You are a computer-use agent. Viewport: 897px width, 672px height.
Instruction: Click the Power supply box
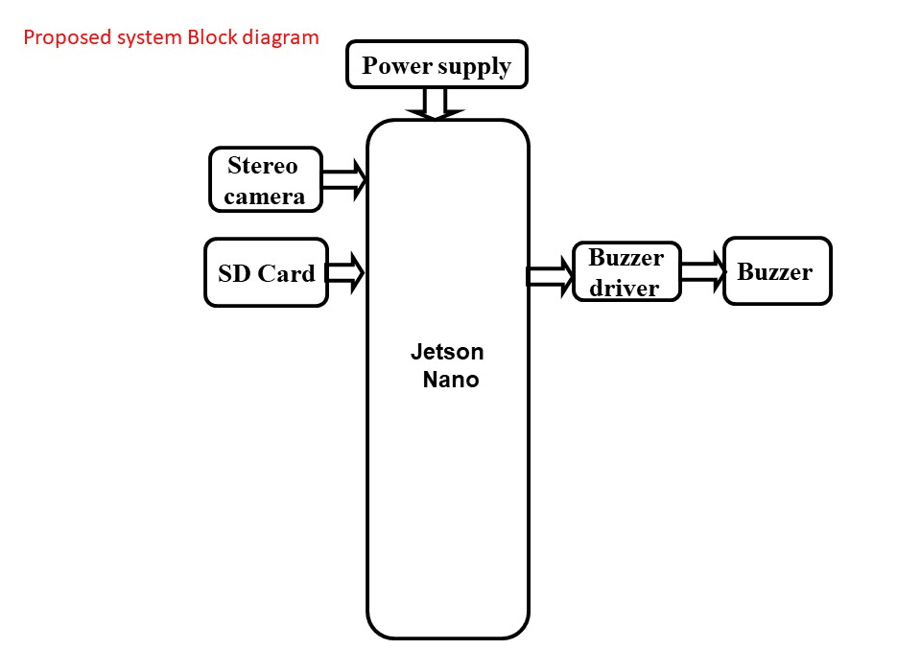pos(437,65)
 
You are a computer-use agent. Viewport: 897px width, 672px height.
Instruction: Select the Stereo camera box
pos(265,180)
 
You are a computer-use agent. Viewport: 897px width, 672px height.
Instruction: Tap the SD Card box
pos(267,273)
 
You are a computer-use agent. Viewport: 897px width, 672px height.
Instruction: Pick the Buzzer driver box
pos(626,272)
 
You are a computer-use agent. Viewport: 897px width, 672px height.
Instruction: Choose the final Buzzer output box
pos(776,272)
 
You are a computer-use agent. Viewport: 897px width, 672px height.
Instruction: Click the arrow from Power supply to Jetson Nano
pos(436,103)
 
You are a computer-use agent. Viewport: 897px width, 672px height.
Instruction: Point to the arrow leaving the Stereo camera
pos(344,179)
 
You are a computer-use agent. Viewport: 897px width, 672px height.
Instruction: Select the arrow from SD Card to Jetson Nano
pos(346,272)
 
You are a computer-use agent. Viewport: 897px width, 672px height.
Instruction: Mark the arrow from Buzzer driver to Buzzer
pos(703,272)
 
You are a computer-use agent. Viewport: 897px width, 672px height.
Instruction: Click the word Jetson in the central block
pos(447,352)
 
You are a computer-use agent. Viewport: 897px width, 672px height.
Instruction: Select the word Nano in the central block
pos(451,380)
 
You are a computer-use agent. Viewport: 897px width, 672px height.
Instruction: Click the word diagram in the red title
pos(282,38)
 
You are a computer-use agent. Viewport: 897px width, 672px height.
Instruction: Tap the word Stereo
pos(263,166)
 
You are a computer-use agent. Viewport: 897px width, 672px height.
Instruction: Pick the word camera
pos(265,197)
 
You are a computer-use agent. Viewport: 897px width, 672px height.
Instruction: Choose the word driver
pos(625,288)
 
